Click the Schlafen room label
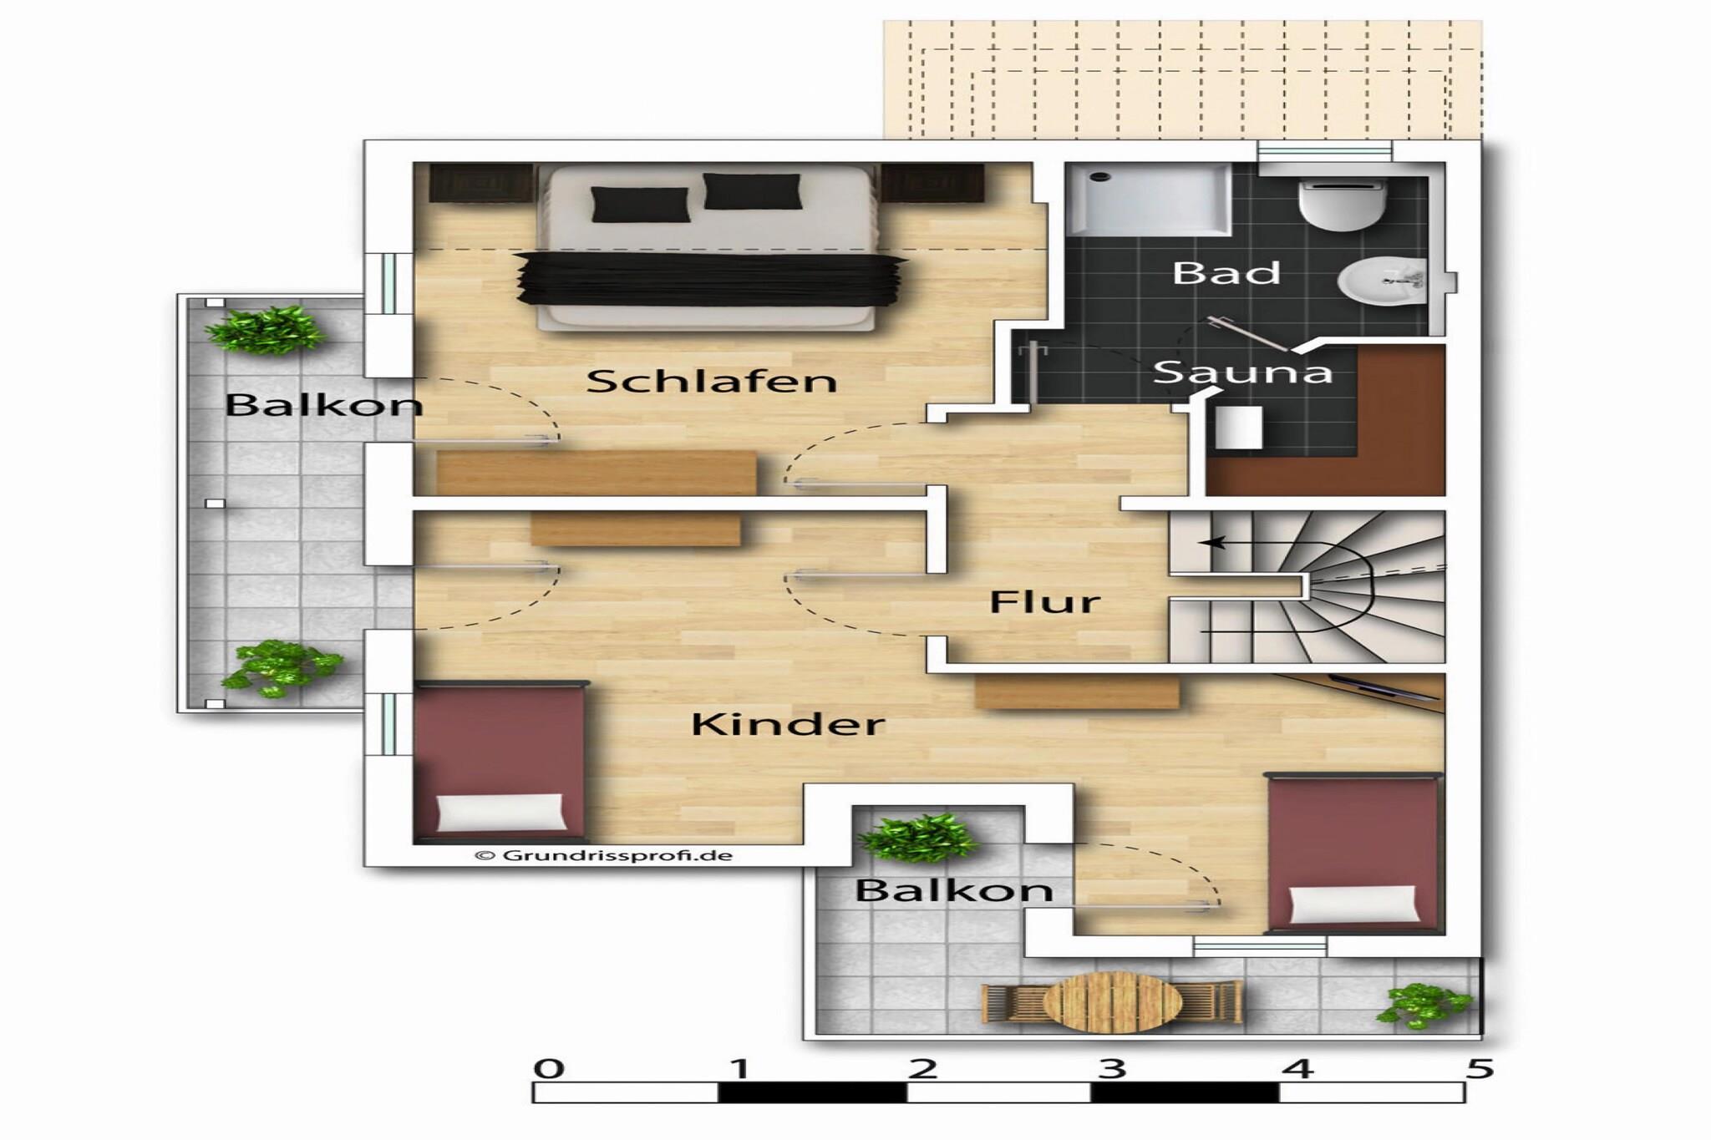(711, 381)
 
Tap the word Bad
(1226, 272)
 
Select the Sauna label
(1242, 372)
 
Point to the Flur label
(1044, 601)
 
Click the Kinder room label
(788, 724)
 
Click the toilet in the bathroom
(1343, 203)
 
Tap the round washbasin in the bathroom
(1383, 281)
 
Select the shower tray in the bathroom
(1149, 199)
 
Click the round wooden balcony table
(1113, 1003)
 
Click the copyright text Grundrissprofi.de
(603, 855)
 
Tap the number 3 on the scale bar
(1110, 1068)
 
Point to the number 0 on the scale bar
(548, 1068)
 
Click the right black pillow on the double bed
(752, 191)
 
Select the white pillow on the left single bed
(500, 812)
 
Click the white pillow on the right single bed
(1354, 904)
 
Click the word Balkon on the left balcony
(324, 405)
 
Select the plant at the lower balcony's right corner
(1424, 1005)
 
